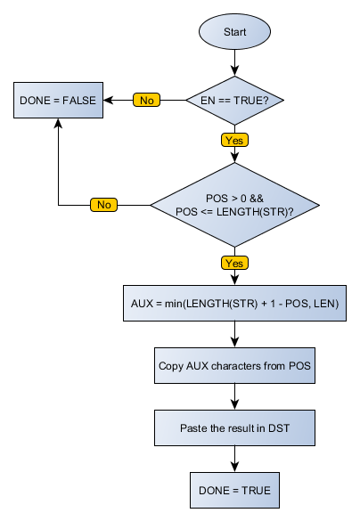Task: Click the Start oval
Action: click(235, 32)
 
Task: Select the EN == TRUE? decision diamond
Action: click(235, 101)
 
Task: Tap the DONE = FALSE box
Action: click(59, 101)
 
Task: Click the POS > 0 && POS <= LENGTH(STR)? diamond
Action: click(235, 204)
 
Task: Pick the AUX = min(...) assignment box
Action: click(235, 304)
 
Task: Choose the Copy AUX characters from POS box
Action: click(235, 365)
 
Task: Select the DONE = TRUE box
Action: click(235, 489)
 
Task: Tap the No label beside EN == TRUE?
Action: click(147, 101)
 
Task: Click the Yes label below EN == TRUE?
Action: click(235, 140)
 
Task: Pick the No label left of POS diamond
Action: click(103, 205)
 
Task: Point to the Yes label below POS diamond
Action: click(235, 264)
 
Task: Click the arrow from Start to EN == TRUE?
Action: click(235, 62)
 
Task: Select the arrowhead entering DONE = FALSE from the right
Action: click(111, 101)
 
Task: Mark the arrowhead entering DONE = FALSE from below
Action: click(59, 126)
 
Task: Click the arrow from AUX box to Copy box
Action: click(235, 334)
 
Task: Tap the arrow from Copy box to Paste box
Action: click(235, 395)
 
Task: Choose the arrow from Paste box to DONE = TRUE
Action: click(235, 458)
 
